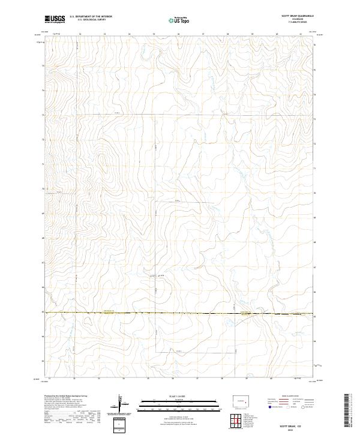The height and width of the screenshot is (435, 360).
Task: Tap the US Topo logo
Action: (180, 20)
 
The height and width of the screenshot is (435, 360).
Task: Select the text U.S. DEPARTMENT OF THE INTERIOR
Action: (91, 17)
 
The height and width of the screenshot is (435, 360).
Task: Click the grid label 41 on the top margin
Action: (301, 34)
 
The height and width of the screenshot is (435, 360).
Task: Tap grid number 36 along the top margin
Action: (179, 34)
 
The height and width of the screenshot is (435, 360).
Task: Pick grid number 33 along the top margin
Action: (104, 34)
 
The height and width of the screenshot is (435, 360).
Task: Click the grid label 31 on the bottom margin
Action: (49, 379)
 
